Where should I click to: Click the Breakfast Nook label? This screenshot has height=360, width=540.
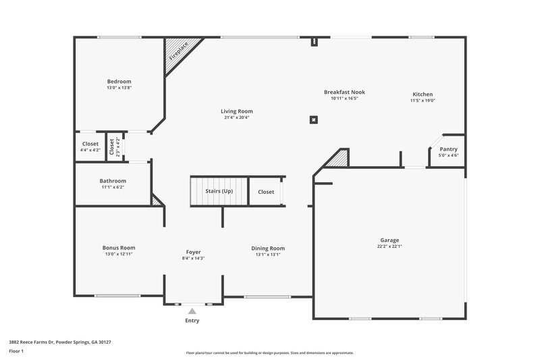point(344,92)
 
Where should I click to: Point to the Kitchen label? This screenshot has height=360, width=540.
point(423,94)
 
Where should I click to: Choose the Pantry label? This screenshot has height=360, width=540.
point(448,149)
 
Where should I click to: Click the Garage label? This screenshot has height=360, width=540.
point(389,240)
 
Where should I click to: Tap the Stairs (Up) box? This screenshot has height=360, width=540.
point(218,191)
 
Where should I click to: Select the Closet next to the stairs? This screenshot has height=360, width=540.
point(266,192)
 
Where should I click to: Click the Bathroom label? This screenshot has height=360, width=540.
point(113,181)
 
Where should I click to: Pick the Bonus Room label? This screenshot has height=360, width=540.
point(119,248)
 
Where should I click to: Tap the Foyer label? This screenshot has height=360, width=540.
point(193,252)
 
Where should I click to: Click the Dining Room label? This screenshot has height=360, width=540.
point(268,248)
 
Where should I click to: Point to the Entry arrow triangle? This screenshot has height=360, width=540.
point(192,311)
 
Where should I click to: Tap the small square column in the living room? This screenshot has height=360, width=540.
point(313,120)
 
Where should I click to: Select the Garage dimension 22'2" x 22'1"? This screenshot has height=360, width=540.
point(389,247)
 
